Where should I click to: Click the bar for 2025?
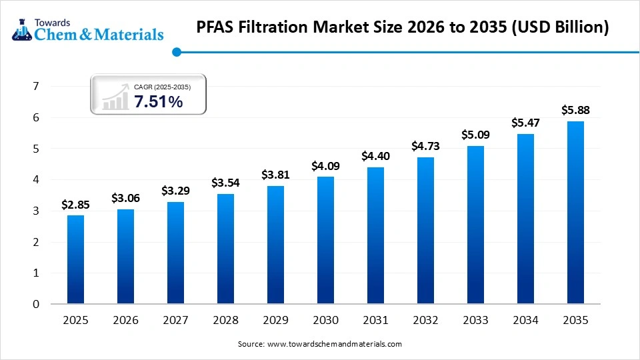pos(75,259)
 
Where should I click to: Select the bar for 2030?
pos(325,240)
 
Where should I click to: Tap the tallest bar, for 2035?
pos(575,213)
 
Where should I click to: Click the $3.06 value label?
pos(125,197)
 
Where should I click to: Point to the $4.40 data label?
pos(375,156)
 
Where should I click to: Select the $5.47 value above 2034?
pos(525,123)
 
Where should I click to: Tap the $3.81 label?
pos(275,175)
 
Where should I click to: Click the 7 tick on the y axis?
pos(36,86)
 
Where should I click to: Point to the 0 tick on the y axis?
pos(36,304)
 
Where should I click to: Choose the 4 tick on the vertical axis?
pos(36,179)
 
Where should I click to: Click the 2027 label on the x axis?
pos(175,321)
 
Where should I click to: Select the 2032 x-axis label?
pos(425,321)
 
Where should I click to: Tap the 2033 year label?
pos(475,321)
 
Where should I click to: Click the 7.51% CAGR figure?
pos(158,101)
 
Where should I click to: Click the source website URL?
pos(334,344)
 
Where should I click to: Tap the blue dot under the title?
pos(177,51)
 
